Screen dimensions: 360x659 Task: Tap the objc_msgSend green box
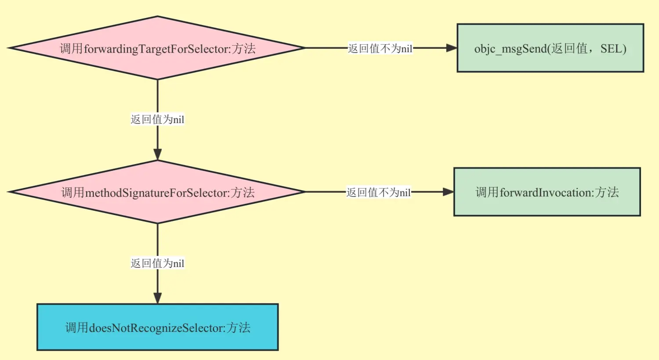click(550, 61)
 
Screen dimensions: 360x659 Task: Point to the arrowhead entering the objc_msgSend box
click(451, 48)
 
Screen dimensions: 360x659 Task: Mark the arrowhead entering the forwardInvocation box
click(448, 192)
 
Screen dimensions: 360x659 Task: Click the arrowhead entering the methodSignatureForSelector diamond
click(157, 154)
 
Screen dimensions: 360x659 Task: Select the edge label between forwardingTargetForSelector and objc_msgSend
click(380, 48)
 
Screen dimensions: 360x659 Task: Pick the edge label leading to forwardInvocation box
click(378, 192)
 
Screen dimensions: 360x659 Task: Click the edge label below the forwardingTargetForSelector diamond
click(157, 119)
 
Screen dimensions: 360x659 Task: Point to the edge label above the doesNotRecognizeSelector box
click(157, 263)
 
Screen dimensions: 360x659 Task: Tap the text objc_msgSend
click(510, 49)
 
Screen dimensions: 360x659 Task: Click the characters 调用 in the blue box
click(76, 328)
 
